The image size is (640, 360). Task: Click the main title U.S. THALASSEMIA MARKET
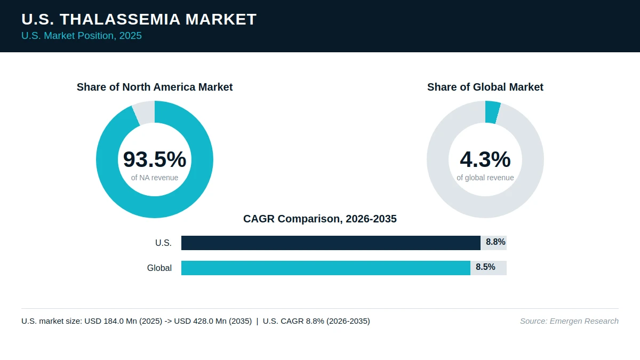click(x=139, y=19)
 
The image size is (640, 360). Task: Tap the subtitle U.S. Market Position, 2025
click(x=82, y=36)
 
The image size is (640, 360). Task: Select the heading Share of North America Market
click(x=155, y=87)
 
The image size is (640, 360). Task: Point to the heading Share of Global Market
click(x=485, y=87)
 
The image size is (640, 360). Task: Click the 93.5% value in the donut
click(x=155, y=159)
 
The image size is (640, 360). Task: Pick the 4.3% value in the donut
click(x=485, y=159)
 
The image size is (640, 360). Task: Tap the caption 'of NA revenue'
click(x=155, y=178)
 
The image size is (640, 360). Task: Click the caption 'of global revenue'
click(x=485, y=178)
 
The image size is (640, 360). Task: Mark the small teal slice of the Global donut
click(x=492, y=112)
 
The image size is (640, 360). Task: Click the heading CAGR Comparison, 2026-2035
click(x=320, y=219)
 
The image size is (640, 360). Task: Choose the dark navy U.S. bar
click(x=331, y=243)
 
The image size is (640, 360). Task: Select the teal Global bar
click(x=326, y=268)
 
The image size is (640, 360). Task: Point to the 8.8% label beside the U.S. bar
click(x=495, y=242)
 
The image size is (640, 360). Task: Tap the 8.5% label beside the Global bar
click(x=485, y=267)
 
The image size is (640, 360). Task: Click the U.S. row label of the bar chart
click(x=163, y=243)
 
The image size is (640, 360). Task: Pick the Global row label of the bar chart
click(x=159, y=268)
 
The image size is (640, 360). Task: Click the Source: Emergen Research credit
click(x=569, y=321)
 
